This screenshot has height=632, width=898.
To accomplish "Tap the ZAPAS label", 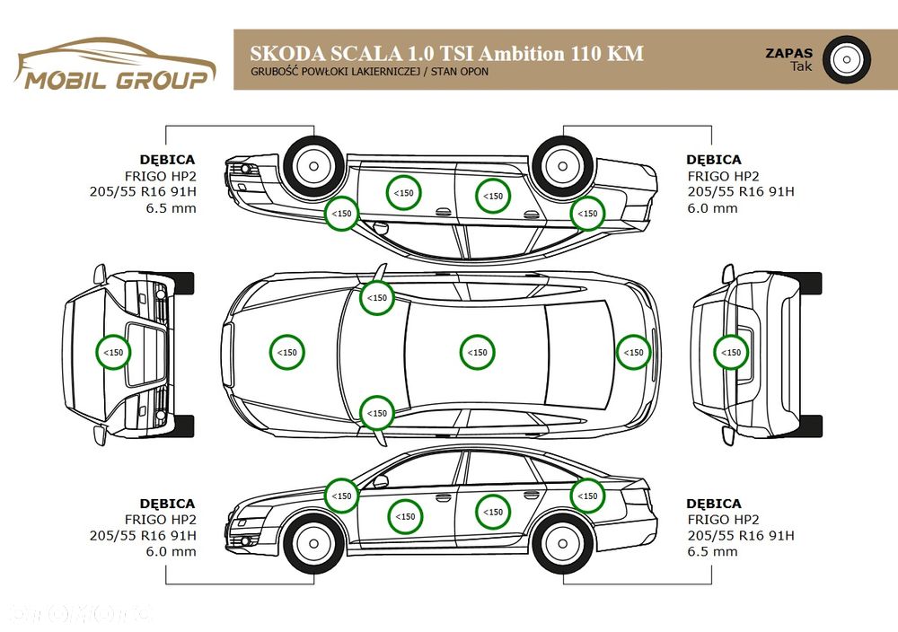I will point(788,53).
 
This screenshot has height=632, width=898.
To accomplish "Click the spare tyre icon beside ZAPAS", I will point(845,60).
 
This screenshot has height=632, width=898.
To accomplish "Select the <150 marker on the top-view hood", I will point(286,352).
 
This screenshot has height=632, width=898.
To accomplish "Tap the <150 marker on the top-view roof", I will point(478,352).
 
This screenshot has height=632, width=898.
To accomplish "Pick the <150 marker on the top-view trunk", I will point(634,352).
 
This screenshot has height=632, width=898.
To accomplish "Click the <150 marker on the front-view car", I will point(114,352).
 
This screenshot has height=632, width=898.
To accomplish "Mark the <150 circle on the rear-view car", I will point(733,352).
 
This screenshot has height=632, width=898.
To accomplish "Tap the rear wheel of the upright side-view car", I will point(563,544).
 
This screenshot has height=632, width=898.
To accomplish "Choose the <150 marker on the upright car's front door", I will point(406,516).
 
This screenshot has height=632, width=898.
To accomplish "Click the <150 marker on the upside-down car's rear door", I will point(491,196).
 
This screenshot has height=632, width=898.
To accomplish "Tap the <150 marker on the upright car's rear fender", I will point(587,496).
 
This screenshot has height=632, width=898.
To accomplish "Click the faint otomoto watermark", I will point(81,614).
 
